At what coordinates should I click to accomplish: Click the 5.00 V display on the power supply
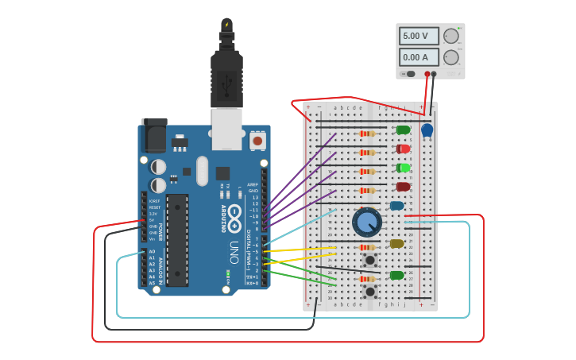[x=419, y=37]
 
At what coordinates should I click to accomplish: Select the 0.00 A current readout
[x=419, y=57]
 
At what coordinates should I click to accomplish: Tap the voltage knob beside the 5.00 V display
[x=451, y=37]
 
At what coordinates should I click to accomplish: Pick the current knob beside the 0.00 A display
[x=451, y=57]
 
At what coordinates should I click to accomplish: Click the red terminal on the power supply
[x=427, y=74]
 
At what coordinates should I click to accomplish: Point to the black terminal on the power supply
[x=434, y=74]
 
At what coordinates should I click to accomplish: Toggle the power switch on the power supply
[x=410, y=74]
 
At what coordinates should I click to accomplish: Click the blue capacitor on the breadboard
[x=427, y=129]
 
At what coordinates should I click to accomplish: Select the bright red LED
[x=404, y=149]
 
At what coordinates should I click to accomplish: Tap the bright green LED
[x=404, y=168]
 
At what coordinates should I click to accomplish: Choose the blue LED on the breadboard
[x=397, y=206]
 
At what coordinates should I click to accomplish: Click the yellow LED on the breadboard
[x=397, y=244]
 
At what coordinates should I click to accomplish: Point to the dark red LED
[x=404, y=187]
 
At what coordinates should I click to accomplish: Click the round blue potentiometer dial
[x=367, y=222]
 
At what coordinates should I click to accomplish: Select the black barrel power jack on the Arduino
[x=154, y=136]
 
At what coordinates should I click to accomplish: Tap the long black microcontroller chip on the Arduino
[x=177, y=239]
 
